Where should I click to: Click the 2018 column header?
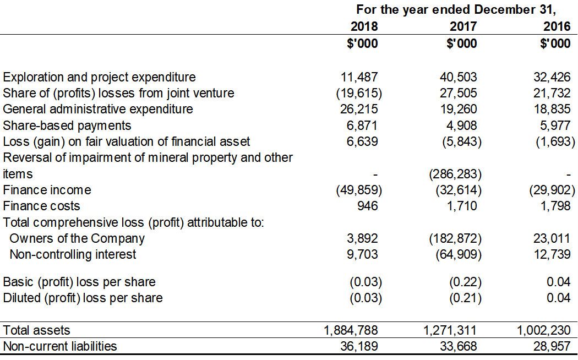pyautogui.click(x=364, y=26)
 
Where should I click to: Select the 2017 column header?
pyautogui.click(x=463, y=26)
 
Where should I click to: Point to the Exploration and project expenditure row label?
pyautogui.click(x=100, y=77)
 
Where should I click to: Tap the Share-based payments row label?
pyautogui.click(x=67, y=126)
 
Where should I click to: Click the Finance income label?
pyautogui.click(x=47, y=190)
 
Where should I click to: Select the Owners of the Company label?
pyautogui.click(x=77, y=238)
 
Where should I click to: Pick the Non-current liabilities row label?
pyautogui.click(x=60, y=346)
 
